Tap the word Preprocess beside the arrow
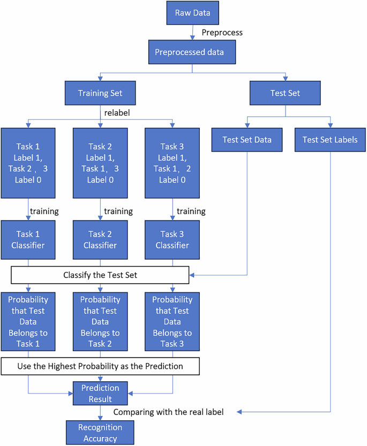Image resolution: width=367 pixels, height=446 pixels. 222,33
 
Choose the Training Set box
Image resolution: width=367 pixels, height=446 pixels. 100,93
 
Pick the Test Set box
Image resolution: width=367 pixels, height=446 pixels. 285,93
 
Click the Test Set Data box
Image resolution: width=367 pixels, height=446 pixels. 247,140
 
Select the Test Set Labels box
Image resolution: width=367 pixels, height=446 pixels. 330,140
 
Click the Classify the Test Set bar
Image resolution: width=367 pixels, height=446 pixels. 100,276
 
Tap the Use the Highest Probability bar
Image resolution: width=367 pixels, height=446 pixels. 100,366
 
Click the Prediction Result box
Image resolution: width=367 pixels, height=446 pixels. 100,394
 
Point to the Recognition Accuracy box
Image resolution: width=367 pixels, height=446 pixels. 100,433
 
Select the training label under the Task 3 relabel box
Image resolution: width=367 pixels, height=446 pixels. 191,211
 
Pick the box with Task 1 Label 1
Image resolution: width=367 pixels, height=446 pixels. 28,163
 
